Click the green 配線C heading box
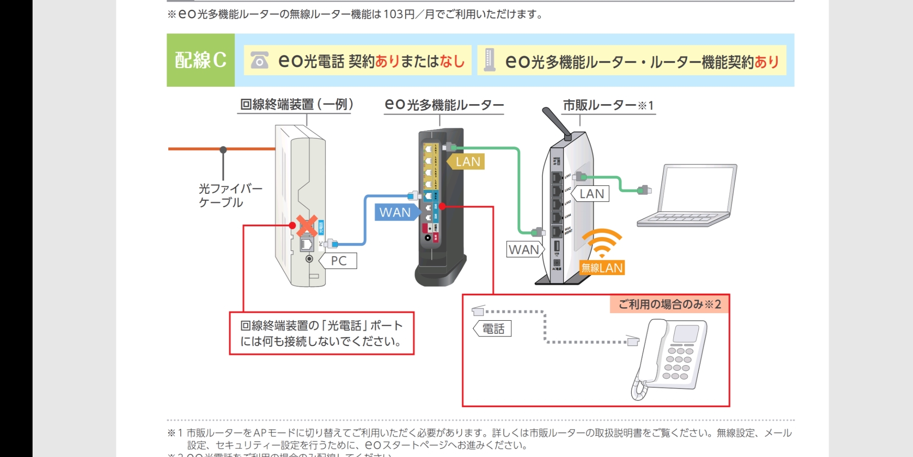click(200, 60)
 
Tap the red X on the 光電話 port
click(307, 226)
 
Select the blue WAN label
click(395, 212)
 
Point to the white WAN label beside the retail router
click(524, 250)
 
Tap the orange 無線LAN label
click(602, 268)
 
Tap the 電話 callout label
click(494, 329)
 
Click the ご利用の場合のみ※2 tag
click(669, 304)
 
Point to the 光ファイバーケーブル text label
click(230, 195)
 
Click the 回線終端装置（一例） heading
click(296, 105)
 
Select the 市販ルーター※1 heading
click(608, 105)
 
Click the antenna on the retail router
click(557, 123)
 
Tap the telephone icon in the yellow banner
click(259, 60)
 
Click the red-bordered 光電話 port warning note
click(321, 333)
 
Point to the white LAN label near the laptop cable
click(592, 194)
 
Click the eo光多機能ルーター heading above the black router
click(444, 105)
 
